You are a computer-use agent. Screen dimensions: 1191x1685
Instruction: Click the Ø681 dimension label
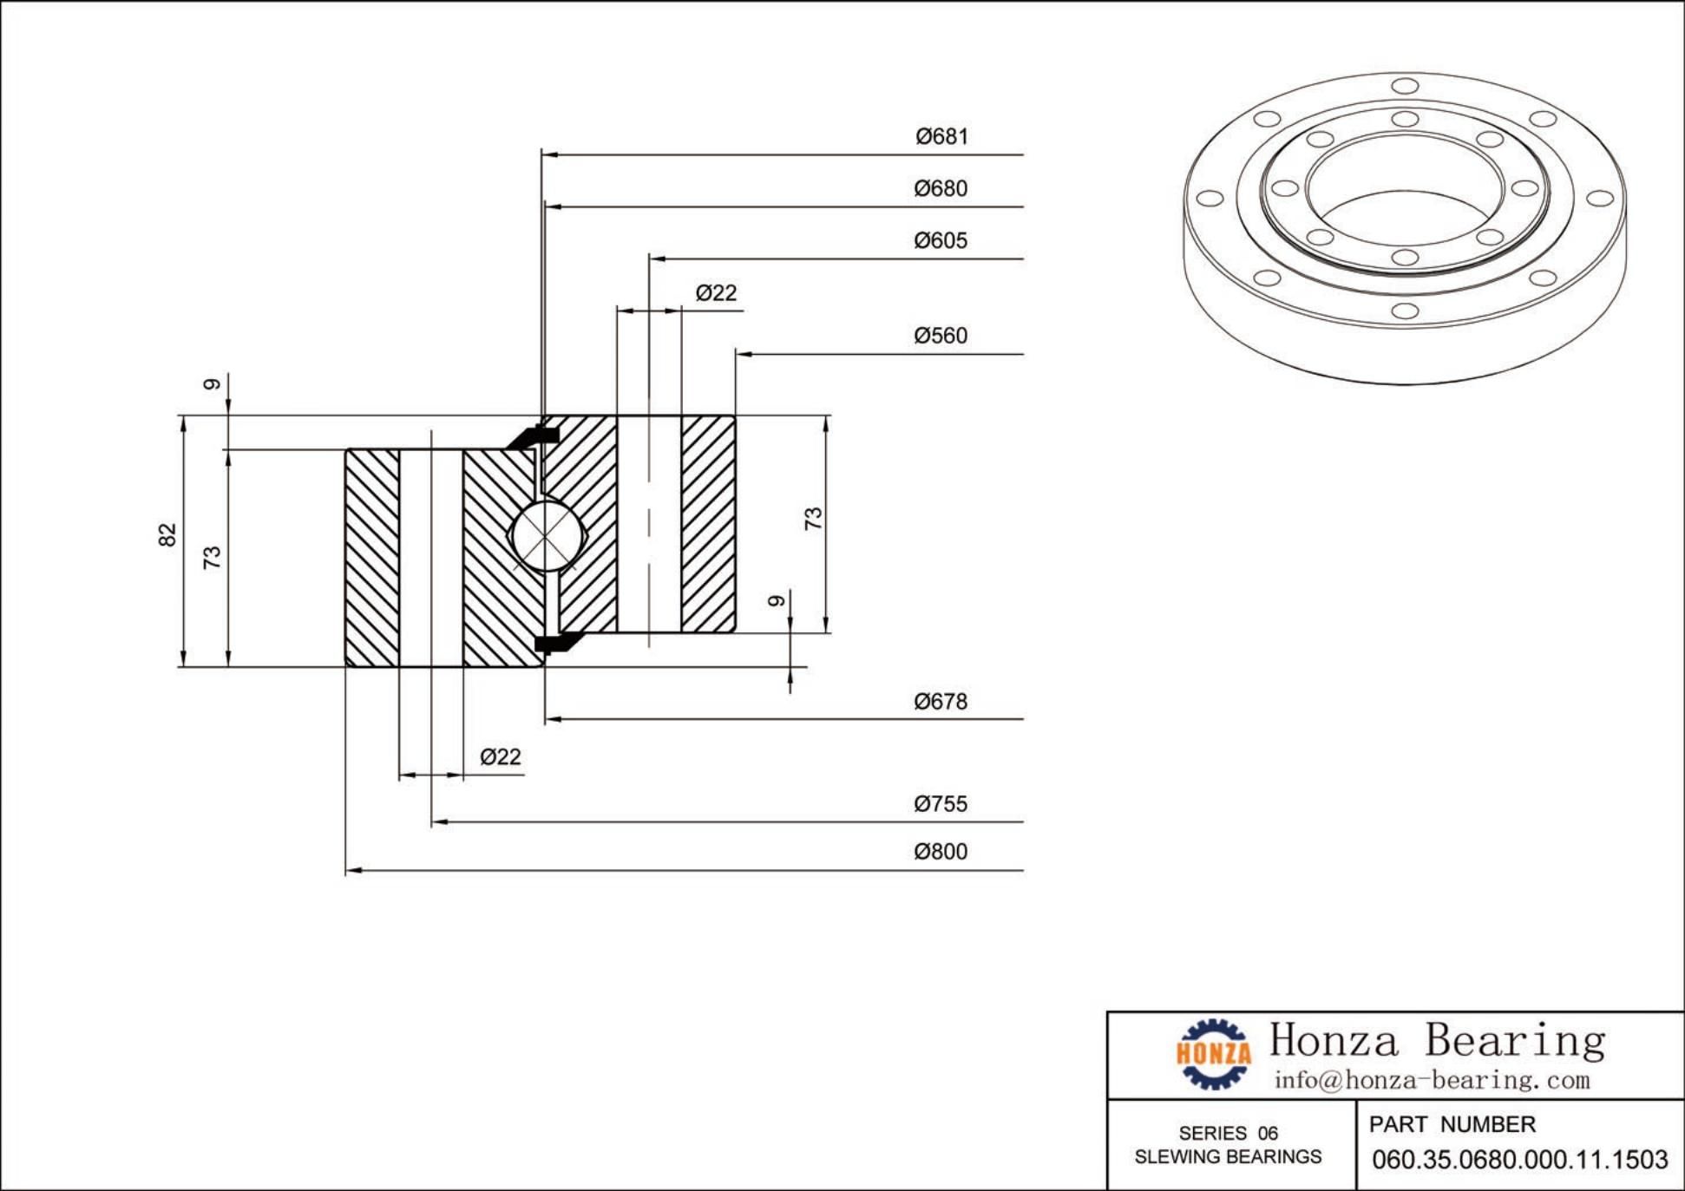click(x=941, y=137)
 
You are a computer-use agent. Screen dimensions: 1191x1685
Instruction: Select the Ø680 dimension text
click(x=941, y=189)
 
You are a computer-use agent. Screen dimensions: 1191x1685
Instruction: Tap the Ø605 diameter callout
click(x=941, y=241)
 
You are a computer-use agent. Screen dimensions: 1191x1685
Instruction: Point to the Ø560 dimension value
click(x=941, y=336)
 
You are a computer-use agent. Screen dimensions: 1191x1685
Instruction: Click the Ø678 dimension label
click(x=941, y=702)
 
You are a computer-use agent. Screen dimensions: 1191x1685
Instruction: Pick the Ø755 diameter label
click(x=941, y=804)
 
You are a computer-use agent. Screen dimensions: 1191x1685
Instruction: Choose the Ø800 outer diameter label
click(x=941, y=852)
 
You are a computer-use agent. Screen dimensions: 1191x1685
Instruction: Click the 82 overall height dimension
click(x=167, y=534)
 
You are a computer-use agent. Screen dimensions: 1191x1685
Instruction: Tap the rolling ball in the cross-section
click(x=545, y=537)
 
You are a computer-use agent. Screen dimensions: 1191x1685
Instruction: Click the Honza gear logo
click(x=1214, y=1054)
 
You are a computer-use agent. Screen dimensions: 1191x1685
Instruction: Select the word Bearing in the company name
click(x=1515, y=1040)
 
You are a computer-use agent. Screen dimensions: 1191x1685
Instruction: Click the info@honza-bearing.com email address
click(x=1432, y=1081)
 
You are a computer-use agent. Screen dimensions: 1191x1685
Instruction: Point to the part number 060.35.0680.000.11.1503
click(x=1519, y=1160)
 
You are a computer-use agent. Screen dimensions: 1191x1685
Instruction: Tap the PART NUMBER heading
click(x=1452, y=1125)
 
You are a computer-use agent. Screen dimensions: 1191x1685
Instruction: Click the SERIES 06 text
click(x=1228, y=1133)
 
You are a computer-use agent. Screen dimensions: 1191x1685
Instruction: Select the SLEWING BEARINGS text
click(x=1228, y=1157)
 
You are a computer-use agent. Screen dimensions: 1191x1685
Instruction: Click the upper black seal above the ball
click(x=528, y=437)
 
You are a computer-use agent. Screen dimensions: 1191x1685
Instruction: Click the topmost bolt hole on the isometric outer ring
click(x=1405, y=86)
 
